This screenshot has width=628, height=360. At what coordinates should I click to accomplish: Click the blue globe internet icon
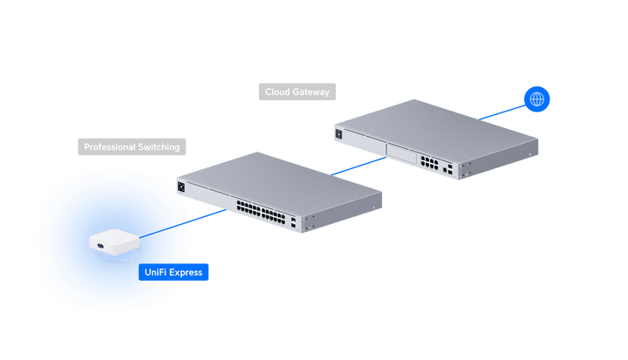pos(536,98)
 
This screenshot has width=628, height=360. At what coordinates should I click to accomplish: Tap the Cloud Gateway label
pos(297,92)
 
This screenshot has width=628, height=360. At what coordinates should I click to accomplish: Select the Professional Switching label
pos(132,147)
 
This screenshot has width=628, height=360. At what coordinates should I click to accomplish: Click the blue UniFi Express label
pos(174,272)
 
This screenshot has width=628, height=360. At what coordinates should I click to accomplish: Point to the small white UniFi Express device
pos(114,241)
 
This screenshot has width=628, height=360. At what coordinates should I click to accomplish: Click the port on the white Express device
pos(100,246)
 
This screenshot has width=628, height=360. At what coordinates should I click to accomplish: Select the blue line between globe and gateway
pos(502,112)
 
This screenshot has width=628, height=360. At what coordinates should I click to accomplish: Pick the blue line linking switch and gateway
pos(358,166)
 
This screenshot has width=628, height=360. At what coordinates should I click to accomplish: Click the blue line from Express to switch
pos(183,223)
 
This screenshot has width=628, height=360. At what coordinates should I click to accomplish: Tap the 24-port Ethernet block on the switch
pos(261,212)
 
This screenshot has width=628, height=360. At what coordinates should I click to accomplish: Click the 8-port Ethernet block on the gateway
pos(429,163)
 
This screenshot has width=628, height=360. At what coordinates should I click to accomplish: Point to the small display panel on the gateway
pos(401,153)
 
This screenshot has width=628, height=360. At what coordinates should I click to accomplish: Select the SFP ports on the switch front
pos(294,223)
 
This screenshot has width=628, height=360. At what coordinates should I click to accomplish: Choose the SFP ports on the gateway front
pos(447,168)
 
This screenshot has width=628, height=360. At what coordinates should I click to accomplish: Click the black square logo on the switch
pos(181,187)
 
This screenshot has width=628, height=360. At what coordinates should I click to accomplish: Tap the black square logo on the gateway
pos(338,133)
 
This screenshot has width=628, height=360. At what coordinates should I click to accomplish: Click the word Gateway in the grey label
pos(311,92)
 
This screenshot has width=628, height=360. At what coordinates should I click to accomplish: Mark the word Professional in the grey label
pos(110,147)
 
